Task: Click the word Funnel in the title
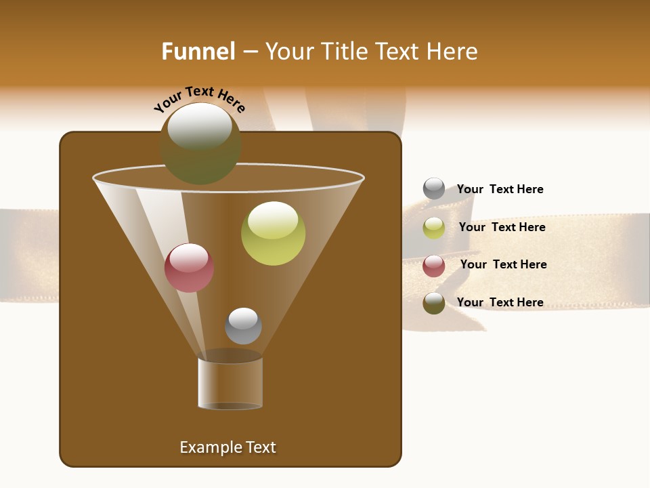198,52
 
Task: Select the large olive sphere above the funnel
200,143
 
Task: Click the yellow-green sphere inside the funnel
273,233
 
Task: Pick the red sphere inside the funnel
189,268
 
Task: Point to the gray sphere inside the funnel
243,326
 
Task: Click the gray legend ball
434,188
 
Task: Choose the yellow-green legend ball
434,228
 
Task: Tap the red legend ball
434,266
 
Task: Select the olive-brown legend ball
434,303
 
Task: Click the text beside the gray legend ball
500,189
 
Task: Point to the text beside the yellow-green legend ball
502,227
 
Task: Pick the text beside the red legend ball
503,264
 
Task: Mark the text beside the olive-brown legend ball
500,302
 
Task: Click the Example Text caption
227,447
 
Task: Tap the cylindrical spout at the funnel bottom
230,383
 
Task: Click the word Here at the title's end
453,52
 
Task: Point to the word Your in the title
289,52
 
